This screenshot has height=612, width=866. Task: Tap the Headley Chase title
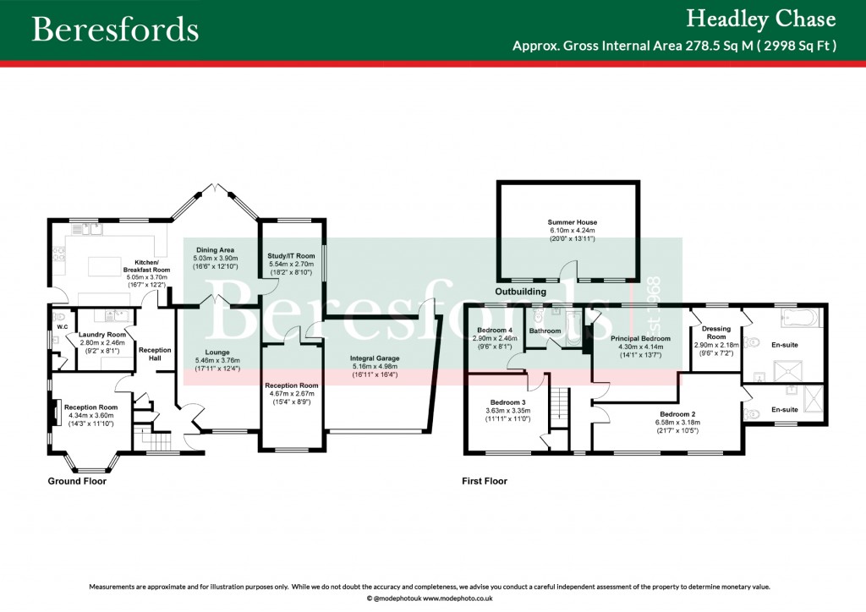[x=760, y=19]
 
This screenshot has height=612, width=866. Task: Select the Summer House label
[x=572, y=222]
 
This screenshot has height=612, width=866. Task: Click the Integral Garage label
[x=375, y=359]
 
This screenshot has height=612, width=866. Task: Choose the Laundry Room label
[x=102, y=335]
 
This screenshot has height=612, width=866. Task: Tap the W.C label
[x=62, y=326]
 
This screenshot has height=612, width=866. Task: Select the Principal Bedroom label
[x=640, y=338]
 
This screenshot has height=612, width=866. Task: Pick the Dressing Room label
[x=716, y=333]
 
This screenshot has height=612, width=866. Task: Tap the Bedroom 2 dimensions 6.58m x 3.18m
[x=677, y=423]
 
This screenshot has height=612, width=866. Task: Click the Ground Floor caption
[x=77, y=481]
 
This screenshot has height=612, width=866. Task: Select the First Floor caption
[x=485, y=481]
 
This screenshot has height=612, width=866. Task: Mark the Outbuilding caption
[x=520, y=292]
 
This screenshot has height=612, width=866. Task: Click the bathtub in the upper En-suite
[x=798, y=319]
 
